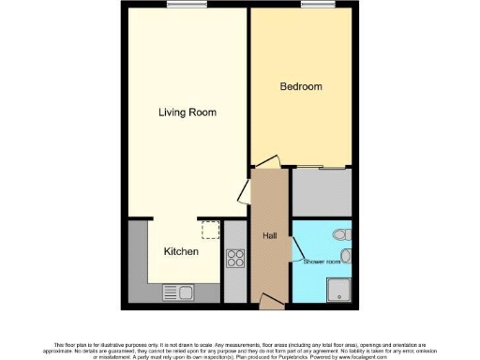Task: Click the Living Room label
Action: tap(187, 112)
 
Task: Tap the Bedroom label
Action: tap(301, 87)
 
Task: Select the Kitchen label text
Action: tap(181, 251)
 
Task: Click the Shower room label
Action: tap(321, 261)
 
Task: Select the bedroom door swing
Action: tap(266, 162)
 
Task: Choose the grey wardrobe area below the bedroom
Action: tap(322, 191)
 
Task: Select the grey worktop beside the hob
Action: tap(235, 281)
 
